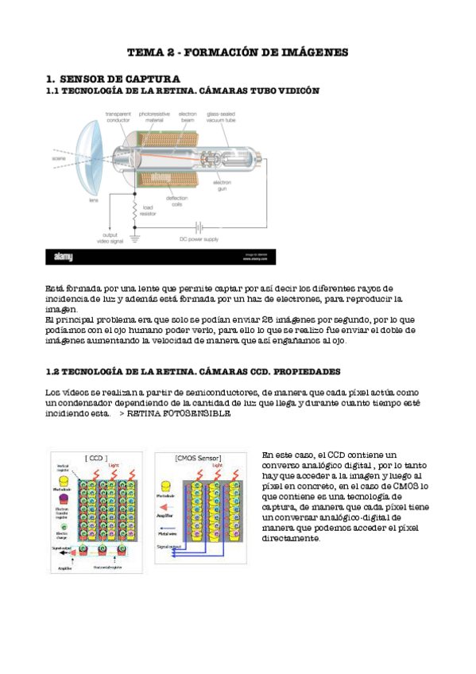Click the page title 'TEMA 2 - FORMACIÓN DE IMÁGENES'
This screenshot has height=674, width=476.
click(238, 52)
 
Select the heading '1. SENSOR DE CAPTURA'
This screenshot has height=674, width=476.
click(113, 79)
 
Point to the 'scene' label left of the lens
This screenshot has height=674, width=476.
click(59, 158)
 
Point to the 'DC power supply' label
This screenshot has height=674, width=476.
click(198, 238)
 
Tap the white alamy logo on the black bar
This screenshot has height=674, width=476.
click(66, 257)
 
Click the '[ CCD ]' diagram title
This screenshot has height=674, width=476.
click(96, 458)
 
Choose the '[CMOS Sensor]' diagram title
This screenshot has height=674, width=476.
click(198, 458)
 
